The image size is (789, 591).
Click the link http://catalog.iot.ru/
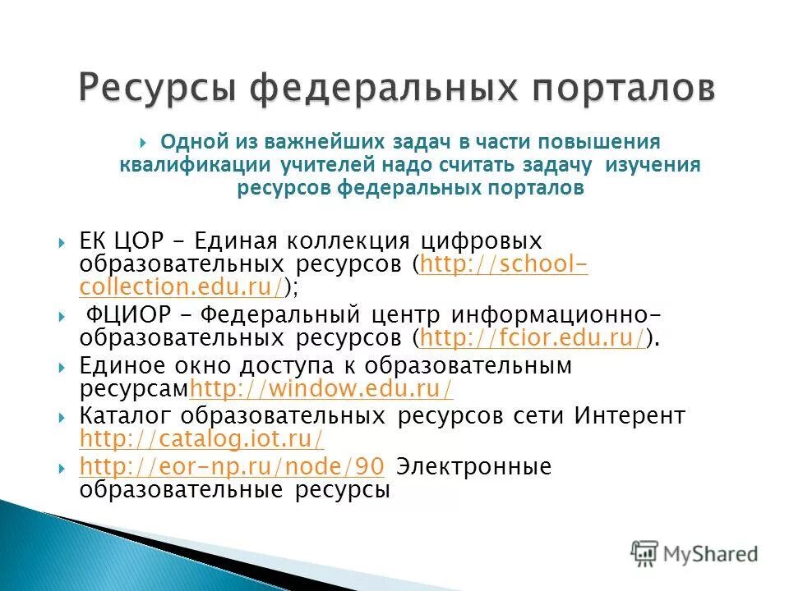coord(201,438)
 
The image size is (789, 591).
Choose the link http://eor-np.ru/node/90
coord(232,467)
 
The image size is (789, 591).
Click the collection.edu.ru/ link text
coord(182,286)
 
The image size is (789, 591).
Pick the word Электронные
coord(473,467)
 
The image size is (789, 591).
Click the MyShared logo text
coord(712,554)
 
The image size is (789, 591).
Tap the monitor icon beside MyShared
coord(645,552)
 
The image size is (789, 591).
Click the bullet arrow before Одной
coord(144,142)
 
